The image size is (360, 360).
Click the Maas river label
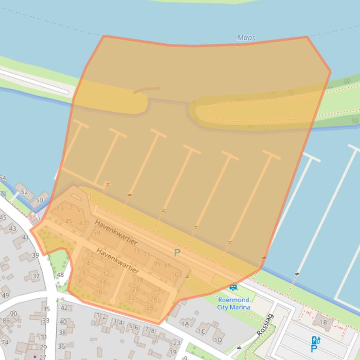click(246, 38)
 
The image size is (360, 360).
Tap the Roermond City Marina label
click(234, 303)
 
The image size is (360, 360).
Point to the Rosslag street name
click(265, 324)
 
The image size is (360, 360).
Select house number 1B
click(323, 323)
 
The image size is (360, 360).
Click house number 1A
click(185, 324)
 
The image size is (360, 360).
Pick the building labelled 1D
click(218, 340)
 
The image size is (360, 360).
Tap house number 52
click(24, 192)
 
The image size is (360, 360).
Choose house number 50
click(39, 200)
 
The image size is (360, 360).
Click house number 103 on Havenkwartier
click(176, 274)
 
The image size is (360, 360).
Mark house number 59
click(96, 232)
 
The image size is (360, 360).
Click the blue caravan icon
click(234, 287)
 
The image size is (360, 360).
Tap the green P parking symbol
click(177, 253)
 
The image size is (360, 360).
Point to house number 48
click(60, 275)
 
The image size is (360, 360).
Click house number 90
click(14, 314)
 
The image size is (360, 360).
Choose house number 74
click(5, 342)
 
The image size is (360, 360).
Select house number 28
click(149, 308)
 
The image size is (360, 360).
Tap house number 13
click(60, 209)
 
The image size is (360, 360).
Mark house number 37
click(36, 276)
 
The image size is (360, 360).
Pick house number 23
click(176, 343)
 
